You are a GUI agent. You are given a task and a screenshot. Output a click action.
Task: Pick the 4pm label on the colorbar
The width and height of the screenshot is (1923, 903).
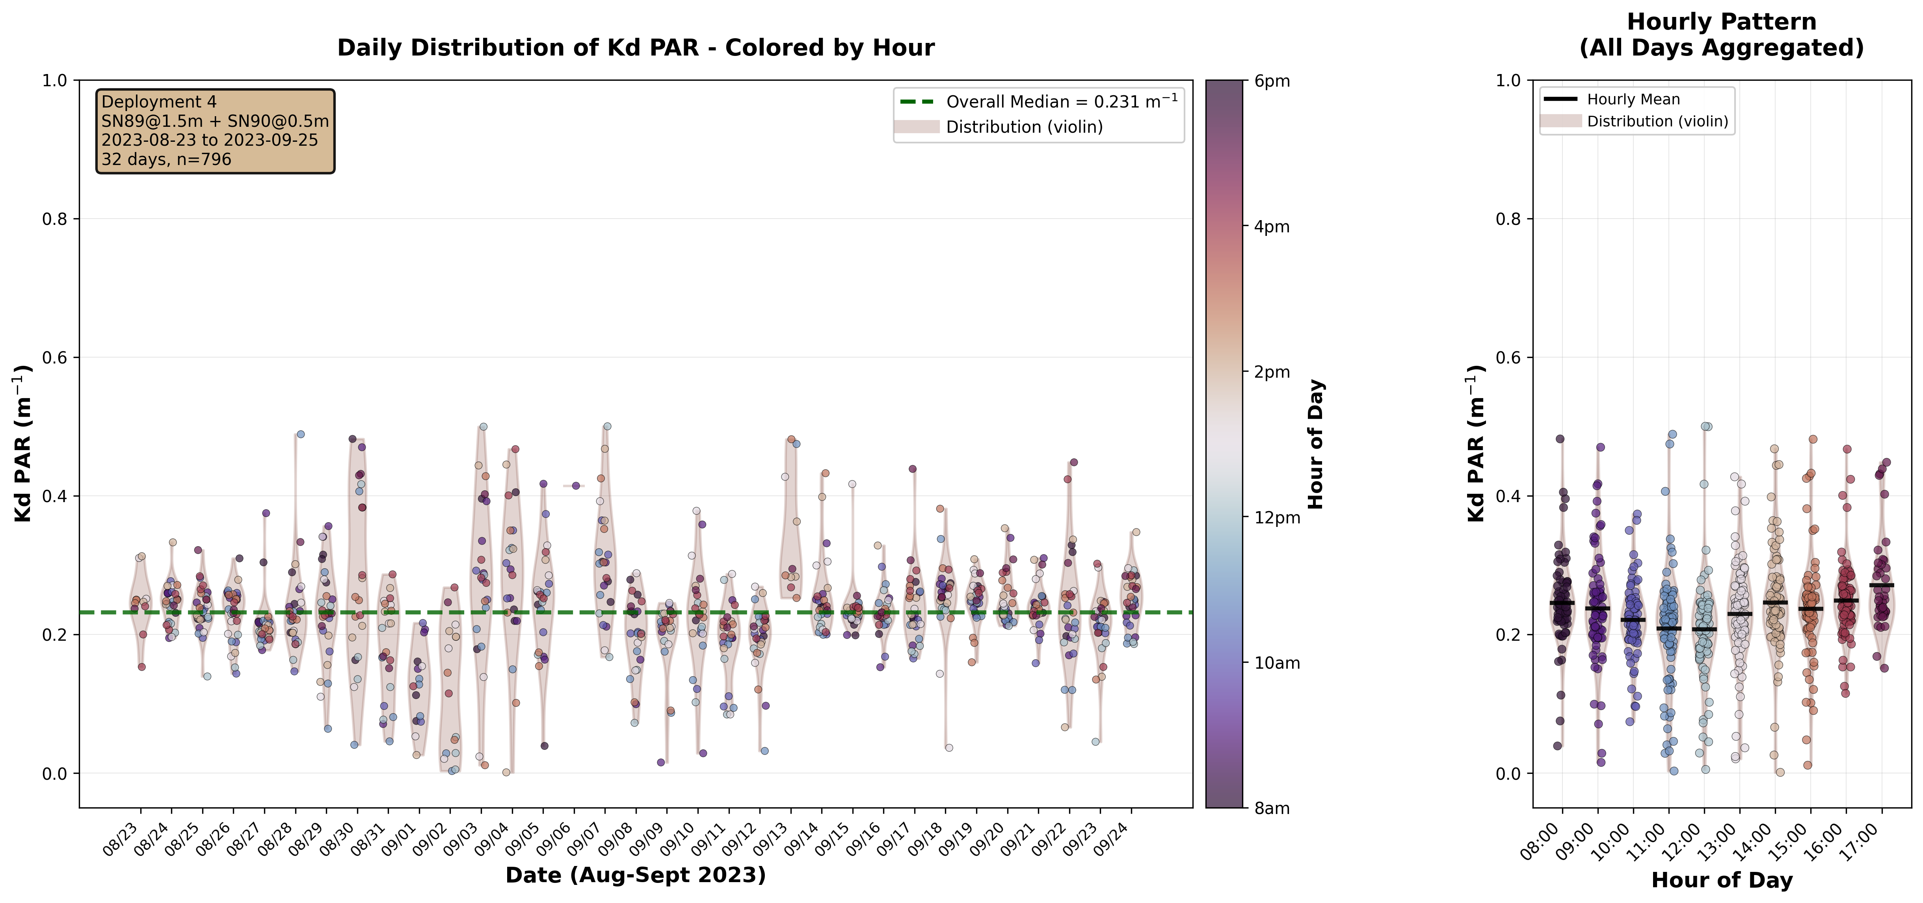point(1272,227)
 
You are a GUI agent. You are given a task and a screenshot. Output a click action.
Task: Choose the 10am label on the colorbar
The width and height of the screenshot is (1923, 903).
point(1276,663)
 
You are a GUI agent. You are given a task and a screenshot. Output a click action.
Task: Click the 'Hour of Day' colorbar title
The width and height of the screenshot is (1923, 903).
point(1316,444)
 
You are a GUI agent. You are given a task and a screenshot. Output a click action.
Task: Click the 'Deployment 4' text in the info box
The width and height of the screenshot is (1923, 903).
point(159,102)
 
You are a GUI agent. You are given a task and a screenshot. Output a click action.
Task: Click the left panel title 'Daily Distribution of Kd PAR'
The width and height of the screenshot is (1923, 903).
point(635,48)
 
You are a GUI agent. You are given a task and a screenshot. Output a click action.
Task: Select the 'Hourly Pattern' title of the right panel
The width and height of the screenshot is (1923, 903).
point(1722,22)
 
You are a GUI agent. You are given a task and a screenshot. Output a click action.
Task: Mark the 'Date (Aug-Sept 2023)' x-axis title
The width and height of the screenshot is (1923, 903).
point(635,875)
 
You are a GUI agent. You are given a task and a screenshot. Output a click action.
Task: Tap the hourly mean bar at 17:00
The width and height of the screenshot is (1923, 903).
point(1882,585)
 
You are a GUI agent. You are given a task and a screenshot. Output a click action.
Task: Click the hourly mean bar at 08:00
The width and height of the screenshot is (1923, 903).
point(1562,602)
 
